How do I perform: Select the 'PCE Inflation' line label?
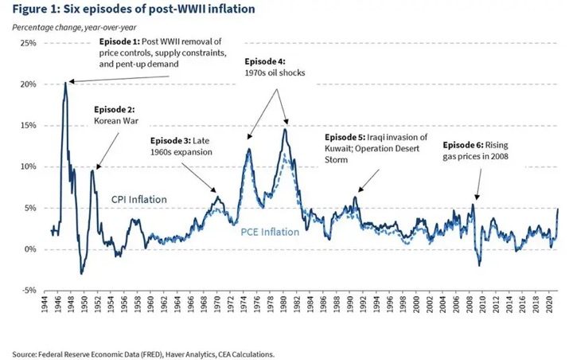pyautogui.click(x=269, y=232)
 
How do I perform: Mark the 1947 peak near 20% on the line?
pyautogui.click(x=65, y=83)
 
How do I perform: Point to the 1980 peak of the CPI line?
pyautogui.click(x=285, y=129)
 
